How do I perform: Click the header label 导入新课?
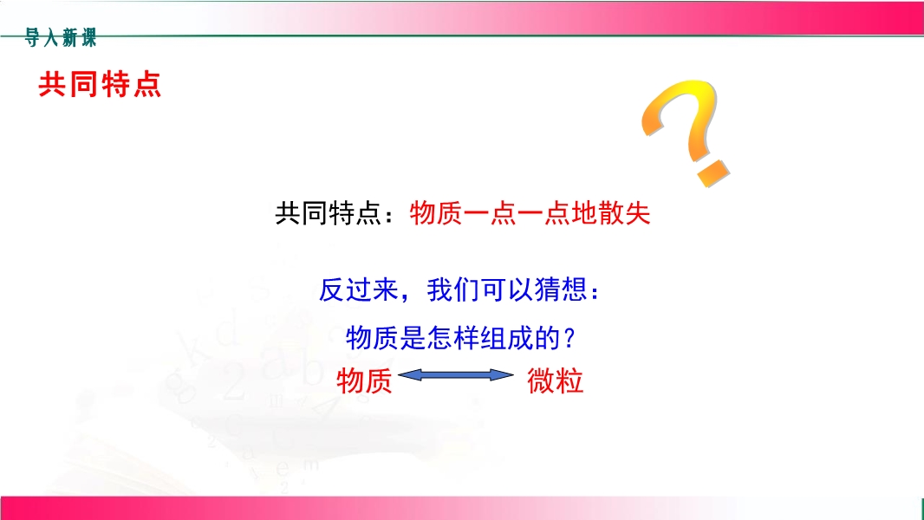60,37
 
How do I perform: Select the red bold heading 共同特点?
100,84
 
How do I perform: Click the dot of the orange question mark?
713,172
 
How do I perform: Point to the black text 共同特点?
329,213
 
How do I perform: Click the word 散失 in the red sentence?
624,213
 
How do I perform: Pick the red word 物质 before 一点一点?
436,213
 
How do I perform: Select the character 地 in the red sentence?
584,213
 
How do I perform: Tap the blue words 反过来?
359,289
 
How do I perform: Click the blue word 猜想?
561,289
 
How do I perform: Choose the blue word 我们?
453,289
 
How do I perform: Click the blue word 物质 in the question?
373,338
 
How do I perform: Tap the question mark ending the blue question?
569,338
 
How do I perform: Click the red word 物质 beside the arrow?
364,381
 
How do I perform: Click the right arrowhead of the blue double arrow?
502,375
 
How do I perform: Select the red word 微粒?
555,381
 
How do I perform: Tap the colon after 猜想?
595,292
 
